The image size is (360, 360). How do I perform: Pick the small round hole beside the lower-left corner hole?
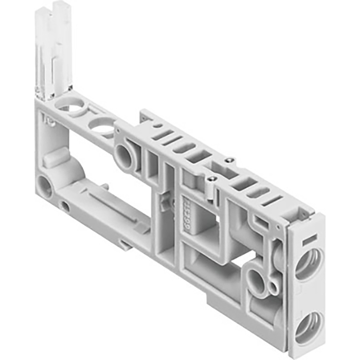[x=64, y=207]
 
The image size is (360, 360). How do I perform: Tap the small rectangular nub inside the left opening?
[x=54, y=159]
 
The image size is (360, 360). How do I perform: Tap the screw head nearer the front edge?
[x=210, y=179]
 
